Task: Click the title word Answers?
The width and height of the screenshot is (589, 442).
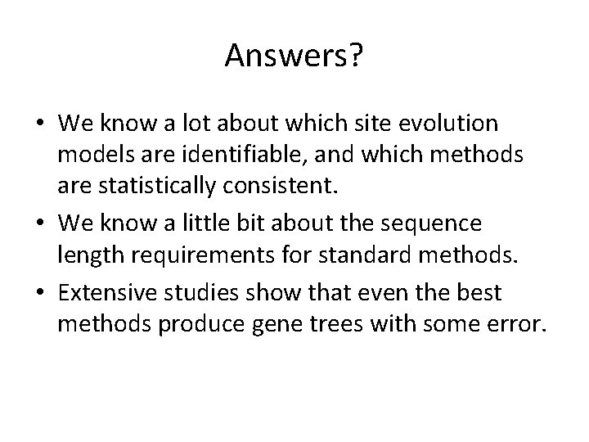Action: (x=294, y=56)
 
